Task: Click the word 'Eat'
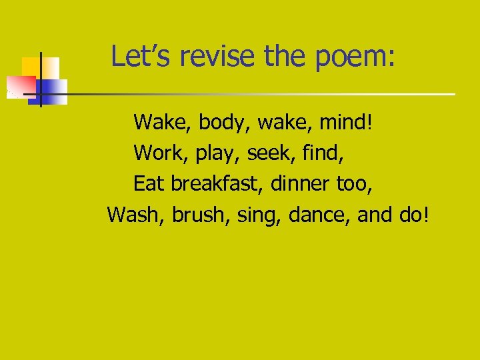point(149,183)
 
